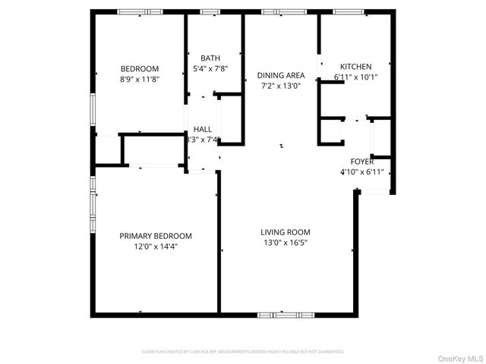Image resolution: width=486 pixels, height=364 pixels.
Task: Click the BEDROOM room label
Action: click(139, 68)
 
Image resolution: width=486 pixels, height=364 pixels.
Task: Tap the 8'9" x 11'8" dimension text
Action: click(139, 78)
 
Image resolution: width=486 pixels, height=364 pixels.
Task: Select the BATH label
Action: click(210, 58)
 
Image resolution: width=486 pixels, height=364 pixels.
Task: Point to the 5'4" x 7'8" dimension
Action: click(210, 68)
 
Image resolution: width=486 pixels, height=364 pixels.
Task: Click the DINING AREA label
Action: click(281, 75)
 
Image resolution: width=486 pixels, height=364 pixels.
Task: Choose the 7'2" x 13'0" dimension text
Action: click(281, 85)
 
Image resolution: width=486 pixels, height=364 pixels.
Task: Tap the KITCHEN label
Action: click(355, 67)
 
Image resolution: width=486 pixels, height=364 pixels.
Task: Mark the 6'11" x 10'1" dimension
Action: click(355, 77)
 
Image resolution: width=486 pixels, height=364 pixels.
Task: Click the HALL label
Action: click(203, 129)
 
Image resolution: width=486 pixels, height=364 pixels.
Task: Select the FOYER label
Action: click(361, 162)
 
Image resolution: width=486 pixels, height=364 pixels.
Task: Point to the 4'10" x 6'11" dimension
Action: click(361, 172)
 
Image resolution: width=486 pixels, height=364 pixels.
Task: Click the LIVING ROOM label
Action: click(286, 232)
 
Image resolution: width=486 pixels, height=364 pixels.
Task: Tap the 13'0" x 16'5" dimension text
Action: click(286, 243)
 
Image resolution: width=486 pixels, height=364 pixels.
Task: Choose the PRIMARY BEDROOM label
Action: click(156, 236)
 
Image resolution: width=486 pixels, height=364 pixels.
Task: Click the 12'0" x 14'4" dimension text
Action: click(156, 246)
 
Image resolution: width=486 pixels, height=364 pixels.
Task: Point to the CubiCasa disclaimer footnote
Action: click(243, 352)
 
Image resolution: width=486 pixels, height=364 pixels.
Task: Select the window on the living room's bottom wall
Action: click(286, 314)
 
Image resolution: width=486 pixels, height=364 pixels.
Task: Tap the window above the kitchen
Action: click(347, 11)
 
